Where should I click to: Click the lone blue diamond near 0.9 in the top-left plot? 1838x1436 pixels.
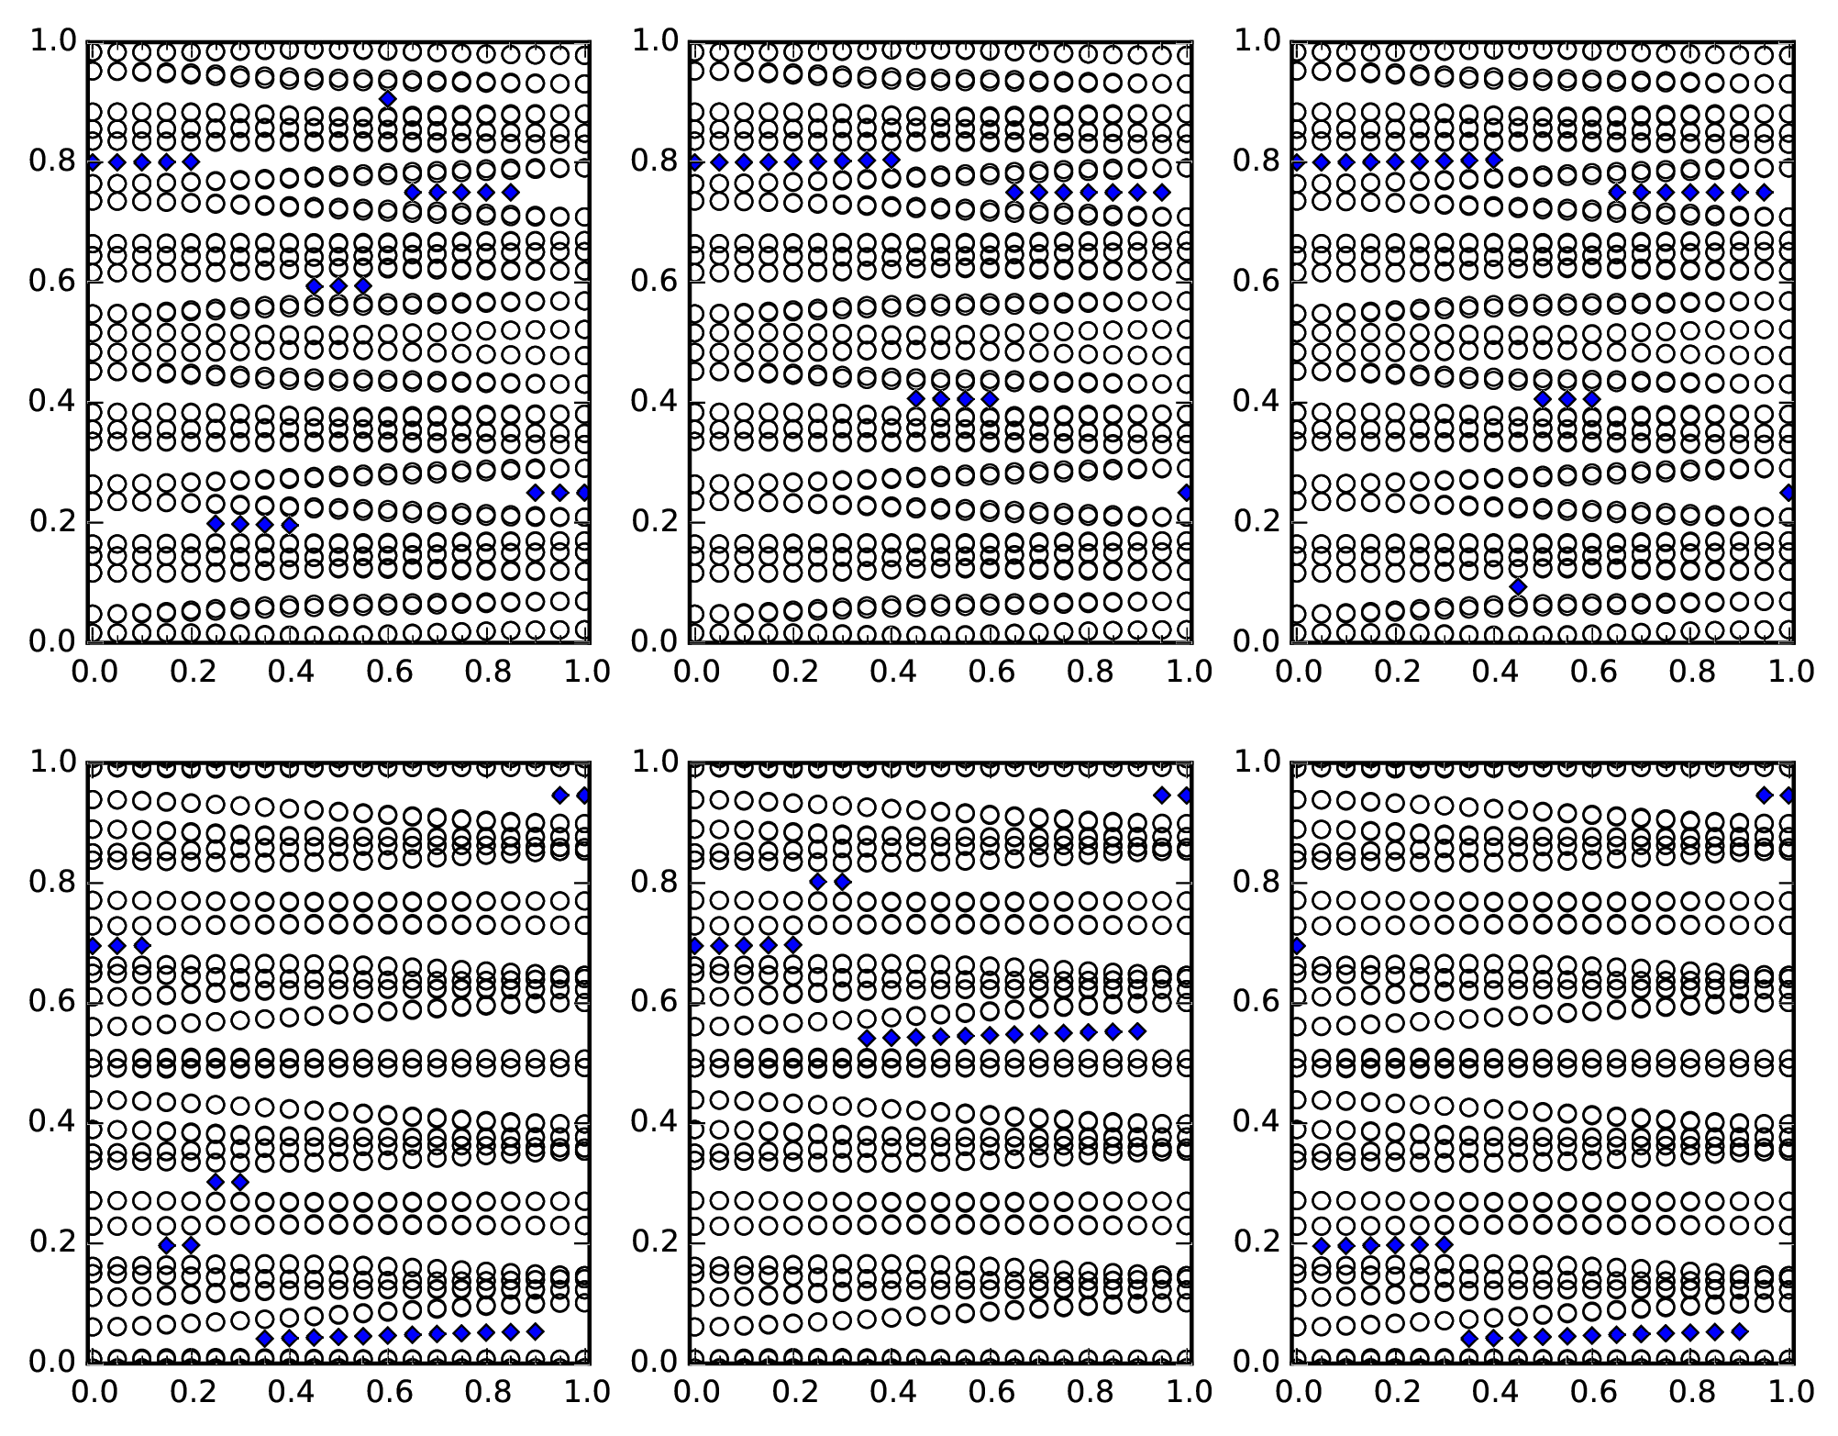388,99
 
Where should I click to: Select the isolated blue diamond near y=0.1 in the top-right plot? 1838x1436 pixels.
1518,586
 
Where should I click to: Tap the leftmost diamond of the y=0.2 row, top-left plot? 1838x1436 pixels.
216,524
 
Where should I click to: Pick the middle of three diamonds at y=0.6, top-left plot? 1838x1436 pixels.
338,285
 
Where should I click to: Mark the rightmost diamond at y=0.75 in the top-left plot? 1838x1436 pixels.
511,192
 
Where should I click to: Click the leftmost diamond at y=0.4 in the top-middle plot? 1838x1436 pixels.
915,398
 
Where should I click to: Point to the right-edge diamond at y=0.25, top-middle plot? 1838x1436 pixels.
1186,493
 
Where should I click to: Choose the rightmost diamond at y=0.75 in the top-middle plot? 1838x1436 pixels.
1162,192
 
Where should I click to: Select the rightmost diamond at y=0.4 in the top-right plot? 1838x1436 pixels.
1591,398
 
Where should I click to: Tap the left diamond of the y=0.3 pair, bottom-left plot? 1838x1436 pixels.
216,1182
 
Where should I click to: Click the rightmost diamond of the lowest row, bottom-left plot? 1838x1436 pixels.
536,1330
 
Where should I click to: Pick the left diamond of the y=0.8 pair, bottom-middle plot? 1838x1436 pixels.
818,882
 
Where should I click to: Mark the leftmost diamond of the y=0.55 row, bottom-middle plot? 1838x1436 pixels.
867,1038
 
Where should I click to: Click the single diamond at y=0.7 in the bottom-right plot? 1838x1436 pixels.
1297,945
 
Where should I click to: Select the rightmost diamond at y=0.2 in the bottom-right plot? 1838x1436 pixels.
1445,1245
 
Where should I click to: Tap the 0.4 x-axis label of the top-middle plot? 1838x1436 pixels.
891,672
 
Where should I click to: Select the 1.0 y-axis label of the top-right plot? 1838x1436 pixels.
1257,41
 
